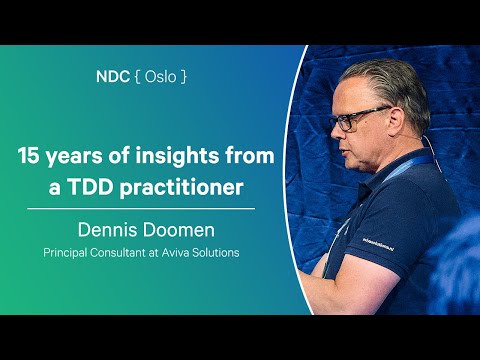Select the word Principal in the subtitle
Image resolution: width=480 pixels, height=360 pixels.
pyautogui.click(x=68, y=252)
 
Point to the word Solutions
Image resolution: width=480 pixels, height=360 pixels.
pyautogui.click(x=220, y=252)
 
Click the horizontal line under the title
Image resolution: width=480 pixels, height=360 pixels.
pyautogui.click(x=140, y=208)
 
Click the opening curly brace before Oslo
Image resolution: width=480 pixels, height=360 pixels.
pyautogui.click(x=135, y=77)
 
